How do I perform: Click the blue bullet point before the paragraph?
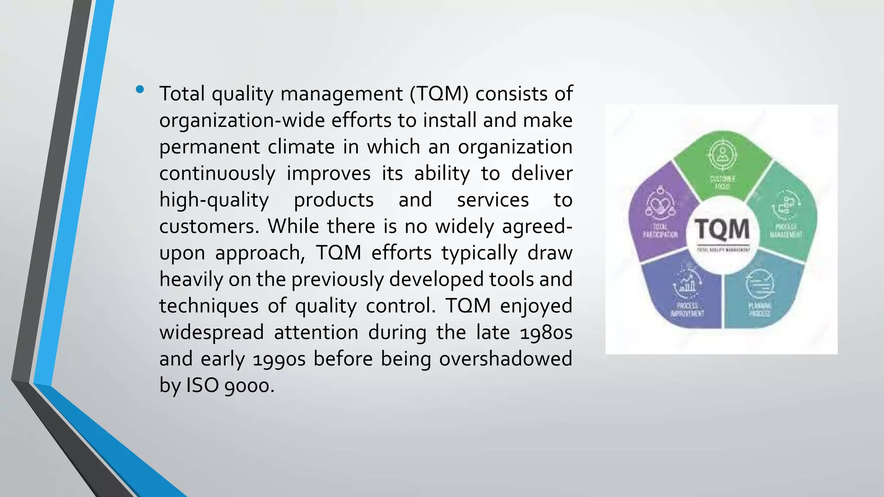pos(139,90)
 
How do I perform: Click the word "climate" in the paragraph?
pos(301,147)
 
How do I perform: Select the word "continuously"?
pos(217,174)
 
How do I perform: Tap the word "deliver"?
pos(542,173)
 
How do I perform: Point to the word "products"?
pos(334,200)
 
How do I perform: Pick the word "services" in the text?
pos(493,200)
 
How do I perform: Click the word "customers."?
pos(209,226)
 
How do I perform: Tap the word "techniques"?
pos(209,306)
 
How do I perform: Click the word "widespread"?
pos(212,333)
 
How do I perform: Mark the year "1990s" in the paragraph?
pos(279,359)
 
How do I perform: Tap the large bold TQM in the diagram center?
pos(722,229)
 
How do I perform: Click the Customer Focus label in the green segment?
pos(723,182)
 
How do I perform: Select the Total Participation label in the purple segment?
pos(660,231)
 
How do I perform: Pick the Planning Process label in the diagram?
pos(760,310)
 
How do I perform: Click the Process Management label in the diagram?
pos(786,231)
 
